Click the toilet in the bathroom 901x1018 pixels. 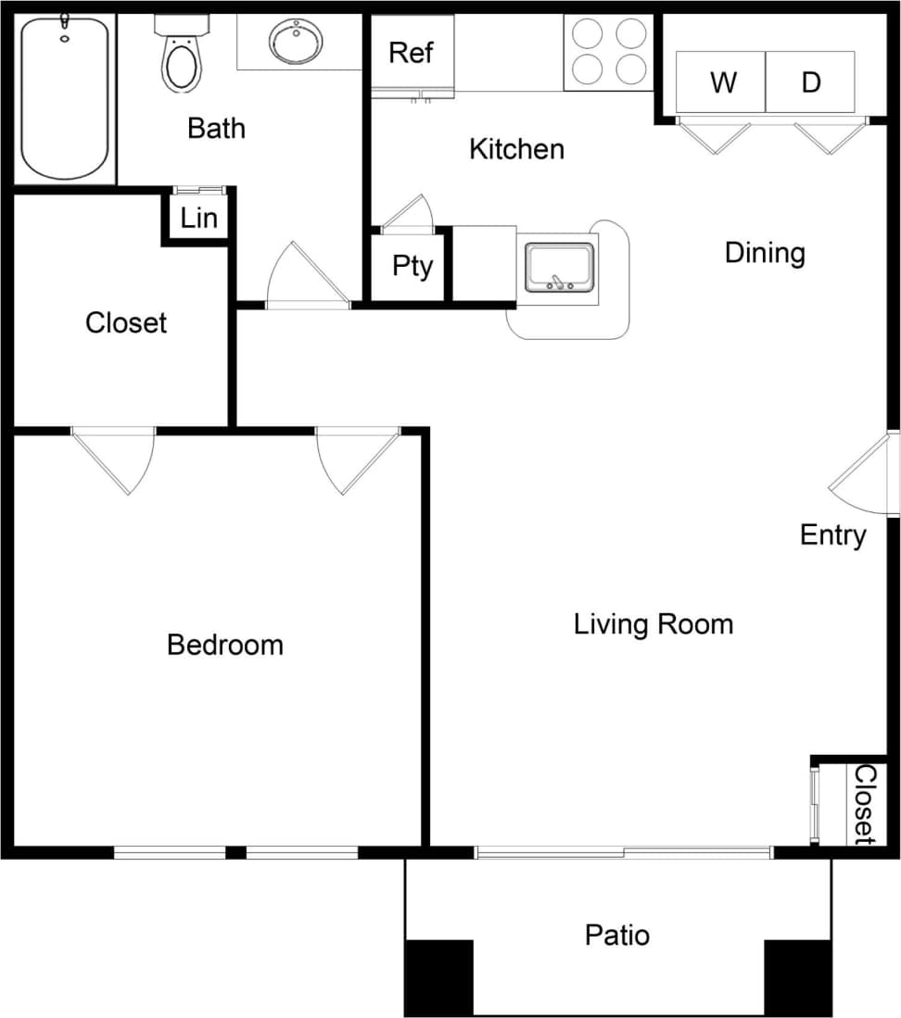[x=181, y=57]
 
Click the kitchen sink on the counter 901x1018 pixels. [x=559, y=268]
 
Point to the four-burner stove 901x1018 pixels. [x=608, y=52]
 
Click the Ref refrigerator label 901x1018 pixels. [x=411, y=53]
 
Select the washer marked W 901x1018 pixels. [x=723, y=82]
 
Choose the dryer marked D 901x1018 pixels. [x=811, y=82]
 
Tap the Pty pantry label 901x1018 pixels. [x=412, y=266]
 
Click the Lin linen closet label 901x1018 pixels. [x=199, y=218]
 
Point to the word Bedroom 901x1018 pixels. [x=225, y=644]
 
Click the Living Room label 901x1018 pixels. [x=654, y=623]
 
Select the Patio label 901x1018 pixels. [x=617, y=935]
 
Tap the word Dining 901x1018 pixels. [x=765, y=252]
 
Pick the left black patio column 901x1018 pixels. [x=439, y=976]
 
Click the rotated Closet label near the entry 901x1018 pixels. [x=864, y=803]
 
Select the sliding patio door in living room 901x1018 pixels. [x=623, y=852]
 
